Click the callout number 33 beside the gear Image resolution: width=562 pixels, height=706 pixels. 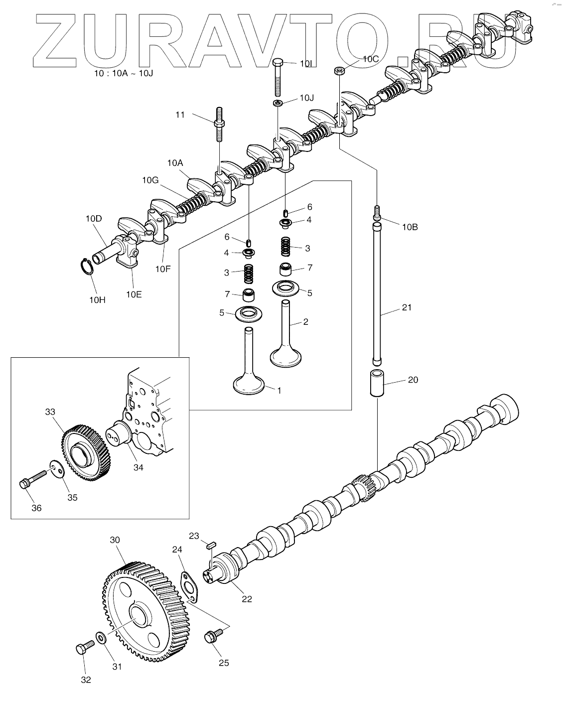(x=50, y=412)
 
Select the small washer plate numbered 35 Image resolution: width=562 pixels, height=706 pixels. (x=57, y=469)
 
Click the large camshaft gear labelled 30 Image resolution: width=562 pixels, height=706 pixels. (x=145, y=612)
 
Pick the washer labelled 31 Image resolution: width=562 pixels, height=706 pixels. (x=101, y=637)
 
